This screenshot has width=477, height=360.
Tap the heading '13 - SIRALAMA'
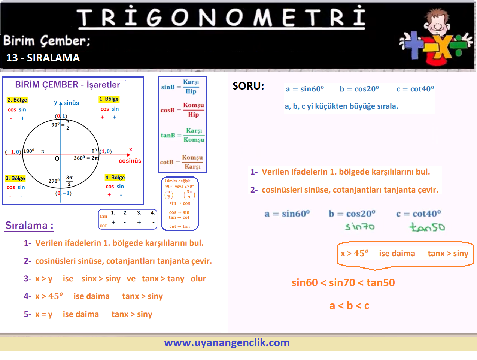click(x=43, y=58)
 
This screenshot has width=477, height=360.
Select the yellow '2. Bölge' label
click(x=17, y=100)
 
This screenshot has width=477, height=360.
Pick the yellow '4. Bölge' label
click(x=115, y=178)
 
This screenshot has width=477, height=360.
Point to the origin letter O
click(x=57, y=158)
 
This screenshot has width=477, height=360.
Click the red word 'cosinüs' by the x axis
click(x=130, y=161)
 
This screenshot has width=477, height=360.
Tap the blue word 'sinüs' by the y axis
click(x=71, y=103)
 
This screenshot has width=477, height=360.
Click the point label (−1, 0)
click(x=13, y=151)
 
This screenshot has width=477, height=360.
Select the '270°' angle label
click(x=54, y=181)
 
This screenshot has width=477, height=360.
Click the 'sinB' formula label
click(x=168, y=87)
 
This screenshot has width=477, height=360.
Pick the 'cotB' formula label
click(x=167, y=162)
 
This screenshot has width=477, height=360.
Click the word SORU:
click(x=248, y=86)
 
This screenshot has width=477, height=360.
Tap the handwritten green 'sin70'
click(x=360, y=227)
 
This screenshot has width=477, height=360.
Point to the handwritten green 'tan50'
click(x=427, y=227)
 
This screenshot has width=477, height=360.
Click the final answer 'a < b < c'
click(x=349, y=305)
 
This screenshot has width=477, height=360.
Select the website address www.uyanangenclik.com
click(x=227, y=343)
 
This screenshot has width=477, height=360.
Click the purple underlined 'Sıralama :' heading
click(x=29, y=225)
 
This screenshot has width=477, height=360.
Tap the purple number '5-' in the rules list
click(x=28, y=314)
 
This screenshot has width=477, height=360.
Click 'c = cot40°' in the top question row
click(x=415, y=89)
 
